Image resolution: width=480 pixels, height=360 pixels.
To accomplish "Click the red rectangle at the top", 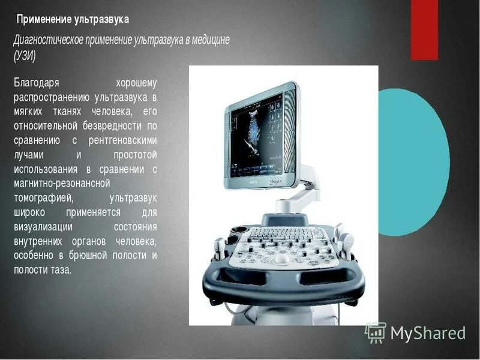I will [x=424, y=29].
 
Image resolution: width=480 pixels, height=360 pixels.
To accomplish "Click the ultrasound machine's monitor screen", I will [x=256, y=134].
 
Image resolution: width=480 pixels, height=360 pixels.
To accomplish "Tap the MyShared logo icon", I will [x=376, y=332].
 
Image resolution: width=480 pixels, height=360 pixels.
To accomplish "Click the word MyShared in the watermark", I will [x=428, y=333].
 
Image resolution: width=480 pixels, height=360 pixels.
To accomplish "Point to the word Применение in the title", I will [x=43, y=20].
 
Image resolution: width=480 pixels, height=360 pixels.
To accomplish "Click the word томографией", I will [x=43, y=198].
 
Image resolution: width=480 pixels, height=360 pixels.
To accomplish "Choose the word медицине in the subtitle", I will [x=208, y=40].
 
